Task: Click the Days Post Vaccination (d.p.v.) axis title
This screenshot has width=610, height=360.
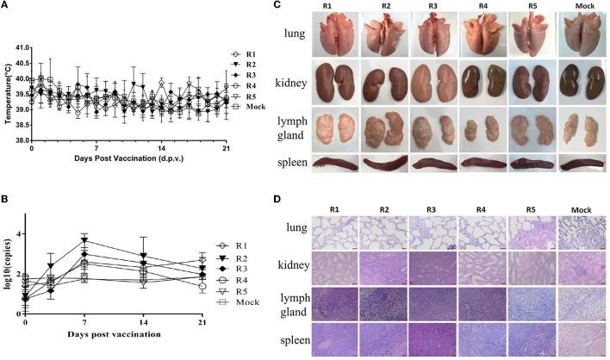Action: [x=128, y=158]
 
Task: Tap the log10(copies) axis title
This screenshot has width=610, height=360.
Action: [x=7, y=258]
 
